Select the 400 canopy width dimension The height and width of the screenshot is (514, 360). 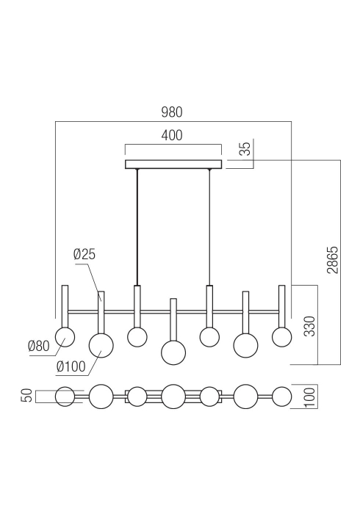(172, 135)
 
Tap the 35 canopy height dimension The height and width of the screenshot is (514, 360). (246, 149)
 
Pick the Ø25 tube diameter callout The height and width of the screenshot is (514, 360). (85, 255)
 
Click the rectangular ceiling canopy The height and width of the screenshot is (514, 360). (173, 164)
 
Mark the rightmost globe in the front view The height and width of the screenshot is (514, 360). (282, 337)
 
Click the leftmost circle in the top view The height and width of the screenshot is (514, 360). (65, 396)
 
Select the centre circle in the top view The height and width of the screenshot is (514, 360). (173, 396)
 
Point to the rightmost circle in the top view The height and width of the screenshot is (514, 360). (281, 396)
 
